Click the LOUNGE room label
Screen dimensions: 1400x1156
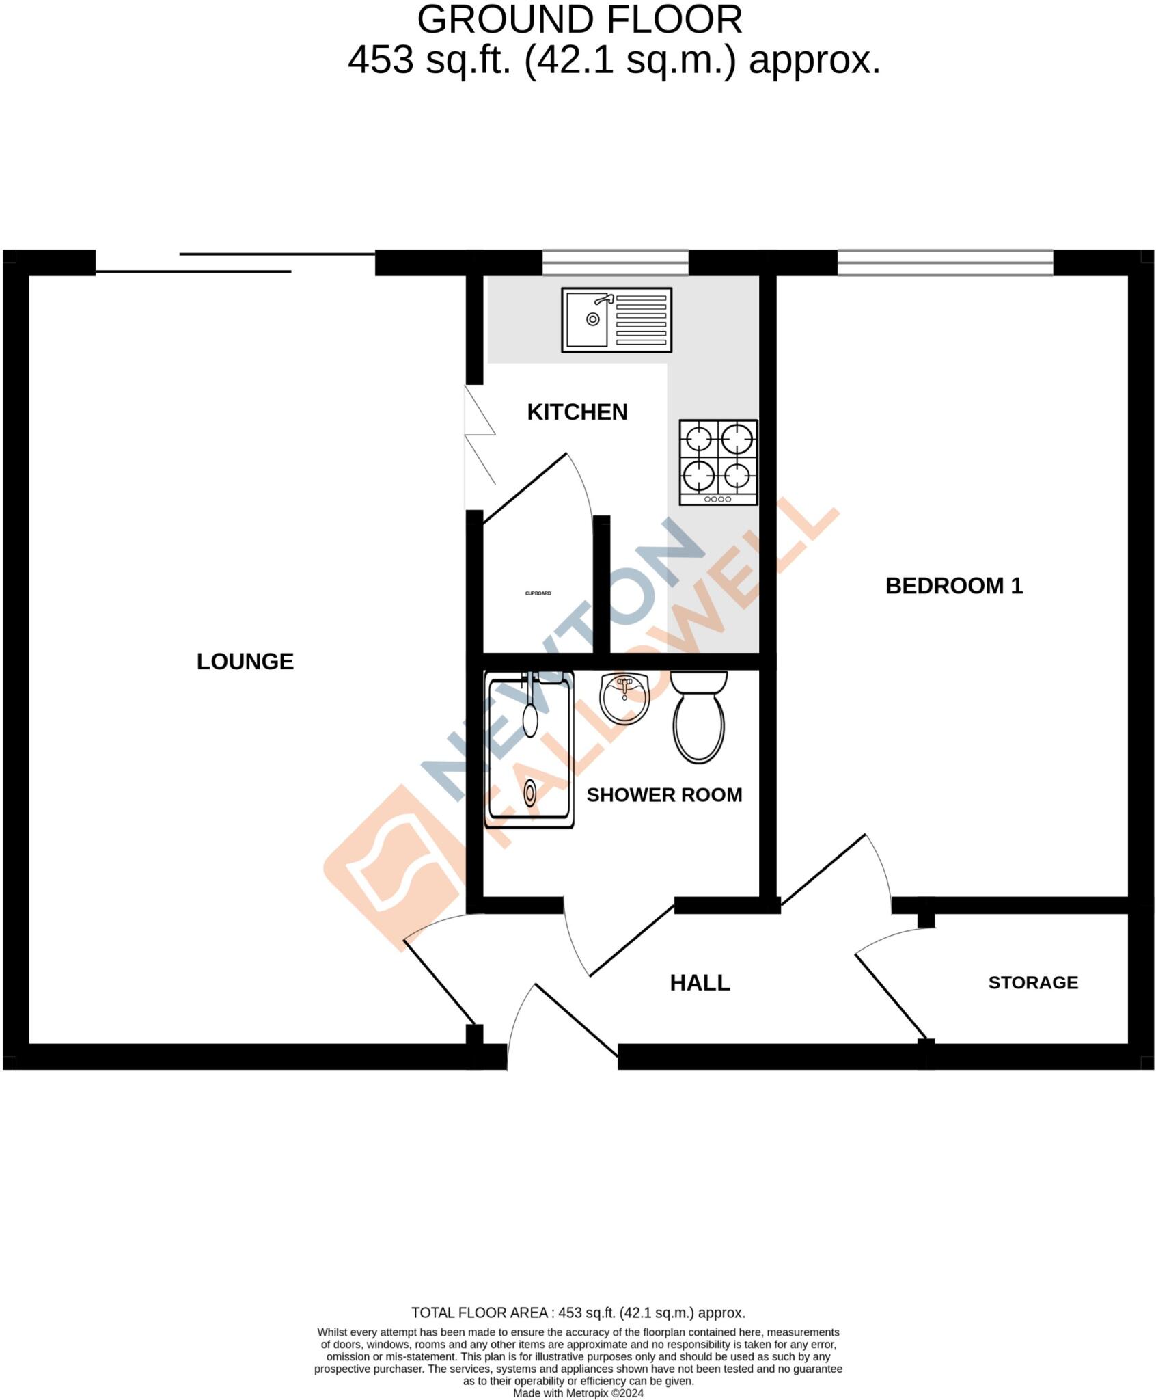point(245,661)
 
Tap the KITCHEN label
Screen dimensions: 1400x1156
point(577,412)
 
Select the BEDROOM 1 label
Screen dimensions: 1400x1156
point(953,585)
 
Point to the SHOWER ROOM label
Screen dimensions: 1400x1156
point(663,794)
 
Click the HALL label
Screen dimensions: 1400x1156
point(700,982)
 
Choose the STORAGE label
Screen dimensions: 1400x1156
point(1032,982)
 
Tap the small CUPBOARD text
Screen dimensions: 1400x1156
point(538,593)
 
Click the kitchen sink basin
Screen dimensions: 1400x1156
point(592,320)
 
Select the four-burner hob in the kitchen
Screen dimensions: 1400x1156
point(718,462)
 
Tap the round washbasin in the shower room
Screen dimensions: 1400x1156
point(624,699)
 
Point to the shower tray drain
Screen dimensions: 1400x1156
point(530,793)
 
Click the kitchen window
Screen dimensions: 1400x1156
point(615,262)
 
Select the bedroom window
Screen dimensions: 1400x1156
point(945,262)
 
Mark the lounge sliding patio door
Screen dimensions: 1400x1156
point(236,262)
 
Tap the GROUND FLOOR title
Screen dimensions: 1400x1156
point(579,21)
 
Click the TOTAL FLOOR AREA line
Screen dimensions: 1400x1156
point(578,1313)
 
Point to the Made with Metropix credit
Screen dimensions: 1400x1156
point(578,1393)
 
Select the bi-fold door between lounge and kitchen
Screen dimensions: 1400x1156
point(479,435)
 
